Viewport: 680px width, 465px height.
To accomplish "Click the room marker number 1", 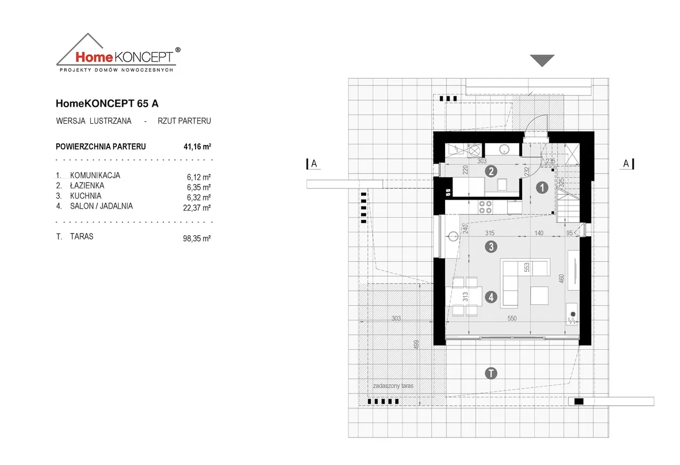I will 542,187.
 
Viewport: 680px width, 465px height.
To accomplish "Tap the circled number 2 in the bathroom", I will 491,171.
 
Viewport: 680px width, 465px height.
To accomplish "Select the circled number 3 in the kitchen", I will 491,246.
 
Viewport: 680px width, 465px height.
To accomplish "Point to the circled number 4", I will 491,298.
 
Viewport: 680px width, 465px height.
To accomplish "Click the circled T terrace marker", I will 491,373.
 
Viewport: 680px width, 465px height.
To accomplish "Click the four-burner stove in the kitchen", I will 485,206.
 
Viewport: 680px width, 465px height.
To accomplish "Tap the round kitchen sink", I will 454,236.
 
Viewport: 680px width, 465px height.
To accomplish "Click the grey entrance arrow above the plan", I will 542,61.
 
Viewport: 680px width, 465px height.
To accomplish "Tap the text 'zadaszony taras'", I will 393,386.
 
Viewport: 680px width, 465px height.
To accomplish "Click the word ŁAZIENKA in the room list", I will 87,185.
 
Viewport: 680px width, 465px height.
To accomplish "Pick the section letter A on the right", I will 626,163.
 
